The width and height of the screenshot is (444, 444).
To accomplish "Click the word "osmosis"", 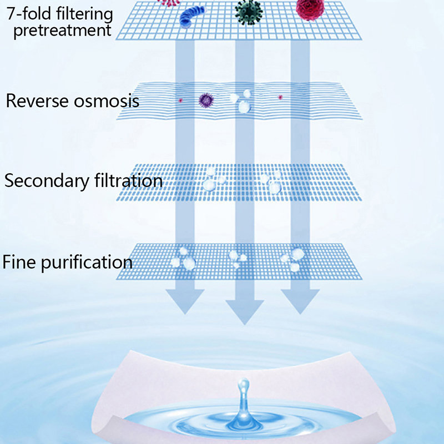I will click(x=105, y=102).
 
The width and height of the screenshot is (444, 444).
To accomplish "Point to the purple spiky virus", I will click(x=206, y=100).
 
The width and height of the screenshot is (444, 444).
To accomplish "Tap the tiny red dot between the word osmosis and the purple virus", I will click(x=180, y=100).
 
